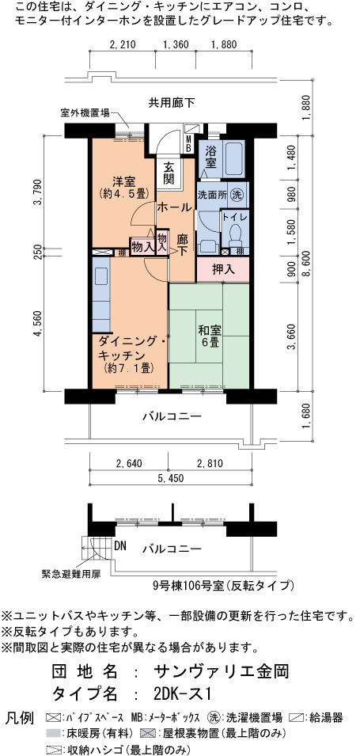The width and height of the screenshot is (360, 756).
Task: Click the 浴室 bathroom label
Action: pyautogui.click(x=210, y=156)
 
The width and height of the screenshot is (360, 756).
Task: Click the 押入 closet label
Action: pyautogui.click(x=223, y=270)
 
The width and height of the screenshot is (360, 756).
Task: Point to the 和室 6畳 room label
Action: pyautogui.click(x=210, y=337)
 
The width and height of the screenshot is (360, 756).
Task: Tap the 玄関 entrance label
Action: pyautogui.click(x=169, y=173)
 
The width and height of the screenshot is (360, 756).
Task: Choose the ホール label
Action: pyautogui.click(x=174, y=208)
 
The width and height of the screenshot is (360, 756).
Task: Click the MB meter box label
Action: pyautogui.click(x=189, y=143)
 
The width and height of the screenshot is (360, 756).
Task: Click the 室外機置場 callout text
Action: pyautogui.click(x=85, y=113)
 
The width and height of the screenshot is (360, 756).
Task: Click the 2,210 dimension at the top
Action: pyautogui.click(x=123, y=45)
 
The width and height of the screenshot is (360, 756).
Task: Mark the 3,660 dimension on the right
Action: pyautogui.click(x=291, y=337)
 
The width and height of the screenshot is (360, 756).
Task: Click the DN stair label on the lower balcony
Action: pyautogui.click(x=121, y=546)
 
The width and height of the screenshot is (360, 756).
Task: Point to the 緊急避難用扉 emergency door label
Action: pyautogui.click(x=72, y=575)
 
